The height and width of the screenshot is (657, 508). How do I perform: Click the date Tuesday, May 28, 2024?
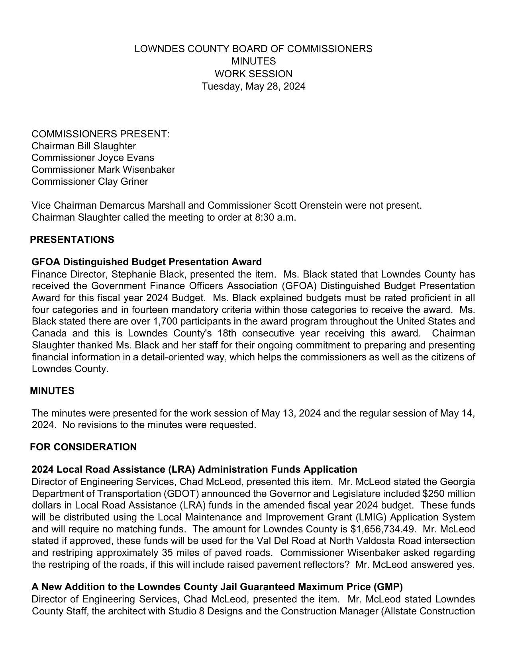point(253,86)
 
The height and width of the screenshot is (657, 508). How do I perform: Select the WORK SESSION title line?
point(253,74)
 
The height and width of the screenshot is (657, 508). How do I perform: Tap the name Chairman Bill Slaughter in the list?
point(84,146)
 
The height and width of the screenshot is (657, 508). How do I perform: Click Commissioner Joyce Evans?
point(93,158)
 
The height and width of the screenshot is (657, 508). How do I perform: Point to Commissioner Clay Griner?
point(90,182)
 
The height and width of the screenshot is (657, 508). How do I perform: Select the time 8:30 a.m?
point(275,218)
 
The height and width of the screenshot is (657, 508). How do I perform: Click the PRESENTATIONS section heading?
point(72,240)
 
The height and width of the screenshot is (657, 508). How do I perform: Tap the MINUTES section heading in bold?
point(52,391)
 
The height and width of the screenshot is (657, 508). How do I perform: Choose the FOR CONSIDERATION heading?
point(83,447)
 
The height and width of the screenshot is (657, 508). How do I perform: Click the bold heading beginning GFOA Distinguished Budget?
point(147,262)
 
